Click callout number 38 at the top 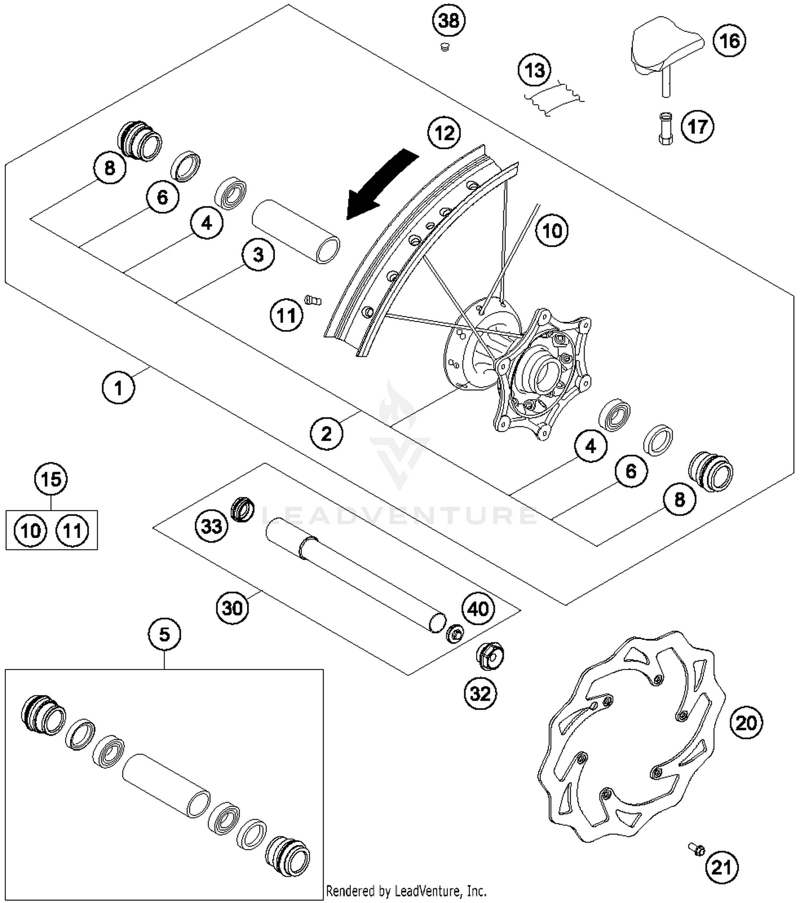click(449, 21)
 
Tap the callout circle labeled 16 click(730, 41)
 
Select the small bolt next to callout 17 click(666, 128)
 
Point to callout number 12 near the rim click(445, 133)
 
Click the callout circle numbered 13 click(535, 70)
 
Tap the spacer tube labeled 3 click(296, 231)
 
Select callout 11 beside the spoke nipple click(286, 316)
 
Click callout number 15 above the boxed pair click(51, 479)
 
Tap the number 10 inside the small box click(31, 530)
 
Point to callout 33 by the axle click(211, 526)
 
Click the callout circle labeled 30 click(233, 607)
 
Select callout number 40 click(478, 608)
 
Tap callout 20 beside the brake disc click(746, 723)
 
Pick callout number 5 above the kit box click(164, 634)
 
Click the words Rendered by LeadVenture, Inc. click(406, 890)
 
